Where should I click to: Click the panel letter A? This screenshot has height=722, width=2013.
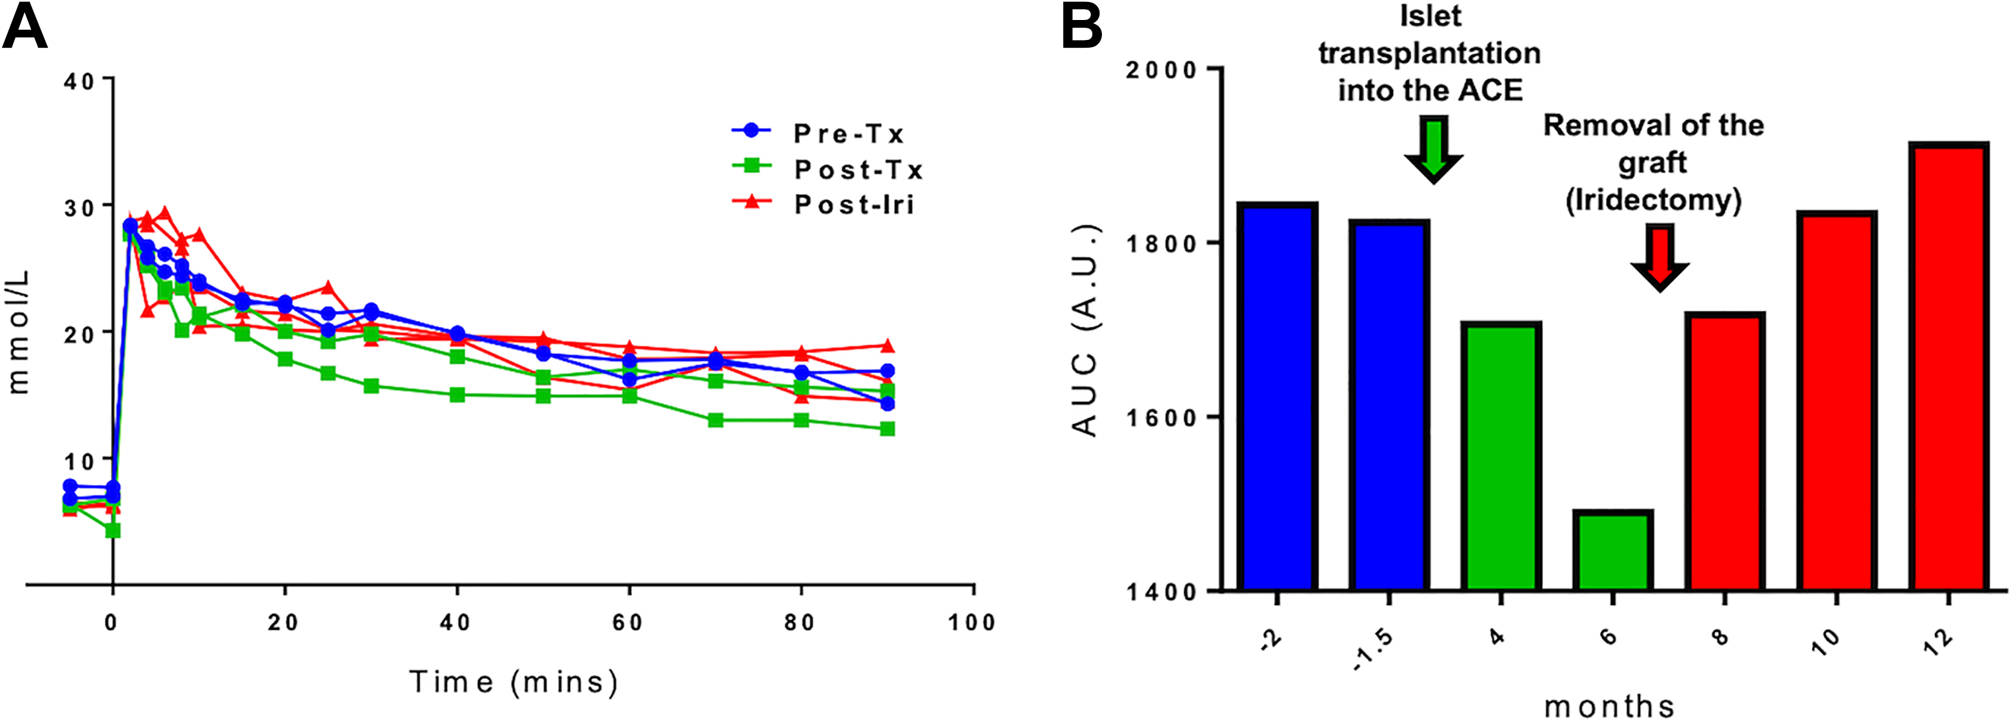coord(25,26)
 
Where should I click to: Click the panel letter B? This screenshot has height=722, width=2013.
coord(1081,26)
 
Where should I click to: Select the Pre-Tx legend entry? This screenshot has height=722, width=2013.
coord(817,133)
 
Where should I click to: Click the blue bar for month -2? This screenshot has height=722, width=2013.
coord(1277,396)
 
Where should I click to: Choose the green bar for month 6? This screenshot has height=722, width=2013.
coord(1613,550)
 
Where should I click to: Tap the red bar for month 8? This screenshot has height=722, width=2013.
coord(1725,451)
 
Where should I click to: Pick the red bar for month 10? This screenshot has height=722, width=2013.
coord(1836,400)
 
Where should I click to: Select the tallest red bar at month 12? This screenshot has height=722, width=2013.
coord(1948,366)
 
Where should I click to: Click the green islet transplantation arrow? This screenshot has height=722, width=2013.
coord(1433,149)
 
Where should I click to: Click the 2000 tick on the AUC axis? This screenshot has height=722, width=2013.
coord(1161,70)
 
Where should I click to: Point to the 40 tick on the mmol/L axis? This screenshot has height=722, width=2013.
coord(78,81)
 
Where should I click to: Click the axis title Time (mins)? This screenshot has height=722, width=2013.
coord(514,682)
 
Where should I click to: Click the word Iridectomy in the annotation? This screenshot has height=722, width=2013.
coord(1654,201)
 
